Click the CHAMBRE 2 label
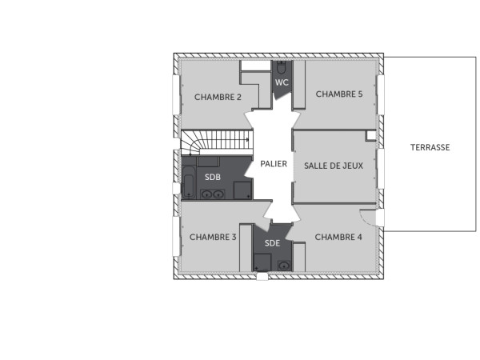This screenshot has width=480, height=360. click(218, 98)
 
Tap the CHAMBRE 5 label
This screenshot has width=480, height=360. click(339, 94)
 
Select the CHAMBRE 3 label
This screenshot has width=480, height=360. click(213, 237)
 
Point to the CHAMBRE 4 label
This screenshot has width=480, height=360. click(338, 237)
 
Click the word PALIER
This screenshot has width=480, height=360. click(274, 164)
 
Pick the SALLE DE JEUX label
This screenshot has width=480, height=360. click(334, 166)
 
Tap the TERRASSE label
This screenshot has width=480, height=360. click(430, 147)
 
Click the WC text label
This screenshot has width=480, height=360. click(282, 82)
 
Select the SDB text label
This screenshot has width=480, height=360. click(212, 177)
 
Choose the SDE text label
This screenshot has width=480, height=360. click(273, 243)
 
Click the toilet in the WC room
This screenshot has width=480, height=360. click(282, 68)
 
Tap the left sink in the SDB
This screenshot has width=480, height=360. click(206, 193)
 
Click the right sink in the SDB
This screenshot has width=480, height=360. click(218, 193)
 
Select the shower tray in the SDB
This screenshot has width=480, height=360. click(242, 190)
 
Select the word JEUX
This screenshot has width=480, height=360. click(352, 166)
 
